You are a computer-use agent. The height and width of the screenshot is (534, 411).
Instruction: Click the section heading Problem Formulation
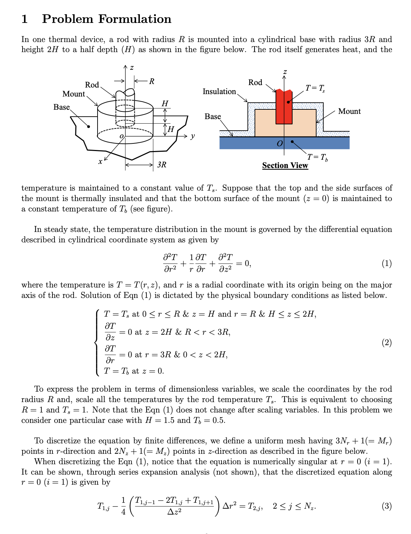107,19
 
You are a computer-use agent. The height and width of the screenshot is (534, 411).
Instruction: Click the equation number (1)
386,264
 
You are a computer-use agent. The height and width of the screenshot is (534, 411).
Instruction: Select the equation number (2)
386,343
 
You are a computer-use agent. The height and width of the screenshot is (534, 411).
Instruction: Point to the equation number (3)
386,506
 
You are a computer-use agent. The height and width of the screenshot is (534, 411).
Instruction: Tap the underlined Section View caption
285,166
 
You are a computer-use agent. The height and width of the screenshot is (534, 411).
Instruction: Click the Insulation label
219,91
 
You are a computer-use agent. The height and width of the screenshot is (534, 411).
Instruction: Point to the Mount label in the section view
349,111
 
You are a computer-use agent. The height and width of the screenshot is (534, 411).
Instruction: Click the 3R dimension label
162,165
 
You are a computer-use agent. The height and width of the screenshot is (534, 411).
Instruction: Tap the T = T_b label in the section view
317,157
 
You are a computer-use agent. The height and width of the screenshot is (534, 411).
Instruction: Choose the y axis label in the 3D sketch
193,136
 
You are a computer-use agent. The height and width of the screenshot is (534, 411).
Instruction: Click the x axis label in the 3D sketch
100,161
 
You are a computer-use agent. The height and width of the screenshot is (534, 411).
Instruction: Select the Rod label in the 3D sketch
92,85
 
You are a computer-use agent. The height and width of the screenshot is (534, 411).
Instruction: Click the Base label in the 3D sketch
61,107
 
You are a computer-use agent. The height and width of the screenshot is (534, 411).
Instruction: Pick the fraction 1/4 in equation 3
123,506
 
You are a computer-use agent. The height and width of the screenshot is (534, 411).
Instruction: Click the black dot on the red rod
288,102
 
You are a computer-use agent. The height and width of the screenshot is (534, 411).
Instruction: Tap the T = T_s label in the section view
315,88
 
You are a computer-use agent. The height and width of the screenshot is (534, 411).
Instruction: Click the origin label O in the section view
279,143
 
